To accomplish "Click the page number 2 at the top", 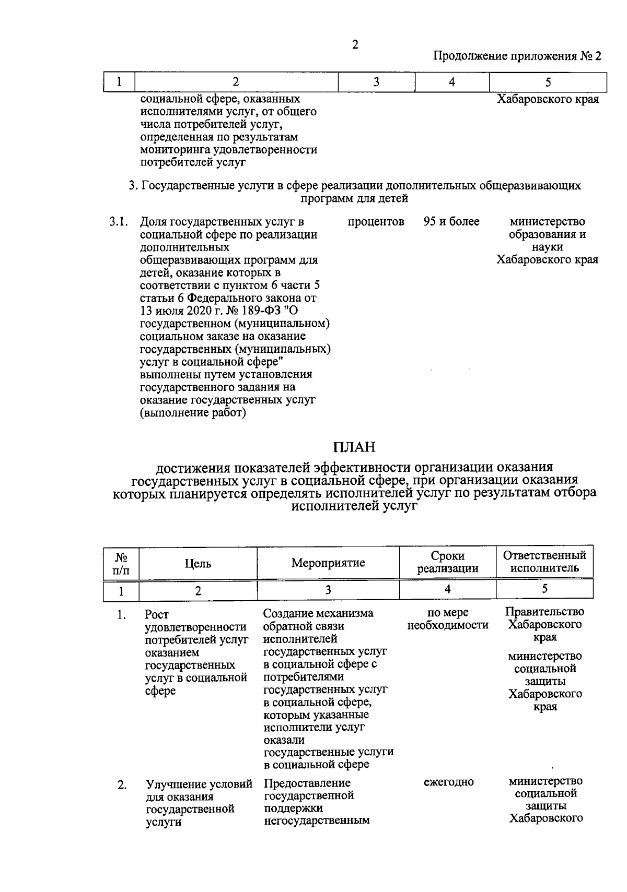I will pyautogui.click(x=355, y=45).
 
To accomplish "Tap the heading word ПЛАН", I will pyautogui.click(x=355, y=447).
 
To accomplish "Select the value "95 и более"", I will pyautogui.click(x=451, y=222).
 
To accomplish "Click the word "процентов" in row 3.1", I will pyautogui.click(x=376, y=222).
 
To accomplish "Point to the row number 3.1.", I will pyautogui.click(x=119, y=222).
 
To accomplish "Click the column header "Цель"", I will pyautogui.click(x=198, y=563).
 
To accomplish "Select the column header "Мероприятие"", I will pyautogui.click(x=328, y=563).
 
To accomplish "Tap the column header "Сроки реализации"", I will pyautogui.click(x=448, y=562).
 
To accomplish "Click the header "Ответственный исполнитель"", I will pyautogui.click(x=544, y=562).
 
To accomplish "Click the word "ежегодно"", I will pyautogui.click(x=448, y=782).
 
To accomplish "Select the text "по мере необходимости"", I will pyautogui.click(x=448, y=619).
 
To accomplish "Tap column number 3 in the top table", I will pyautogui.click(x=376, y=82).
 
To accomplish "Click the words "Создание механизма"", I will pyautogui.click(x=318, y=613).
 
